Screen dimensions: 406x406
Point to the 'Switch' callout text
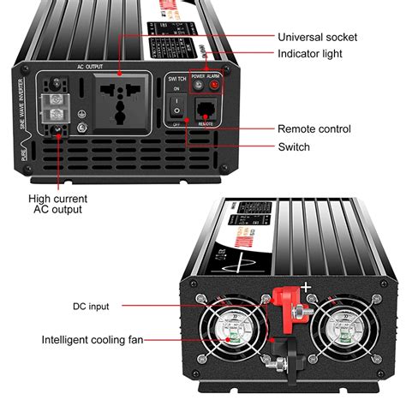point(294,147)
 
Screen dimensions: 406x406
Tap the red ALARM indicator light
point(213,86)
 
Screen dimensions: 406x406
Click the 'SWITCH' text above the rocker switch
point(176,77)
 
